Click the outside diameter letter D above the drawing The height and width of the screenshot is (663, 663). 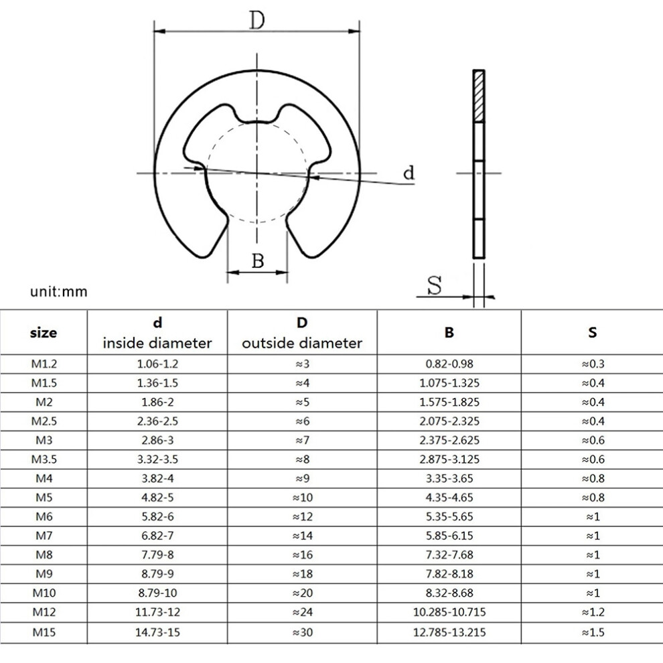tap(256, 20)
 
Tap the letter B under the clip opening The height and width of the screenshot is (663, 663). tap(258, 261)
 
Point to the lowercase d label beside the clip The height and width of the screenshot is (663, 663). tap(409, 173)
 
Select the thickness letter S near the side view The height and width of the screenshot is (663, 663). tap(434, 285)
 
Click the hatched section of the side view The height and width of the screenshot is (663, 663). tap(479, 96)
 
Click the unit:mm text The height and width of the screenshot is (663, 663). tap(59, 291)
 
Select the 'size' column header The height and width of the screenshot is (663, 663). tap(44, 333)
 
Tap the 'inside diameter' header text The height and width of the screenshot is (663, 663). tap(157, 343)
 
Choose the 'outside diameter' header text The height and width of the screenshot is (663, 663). tap(302, 343)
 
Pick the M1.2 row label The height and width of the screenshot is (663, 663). tap(44, 364)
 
